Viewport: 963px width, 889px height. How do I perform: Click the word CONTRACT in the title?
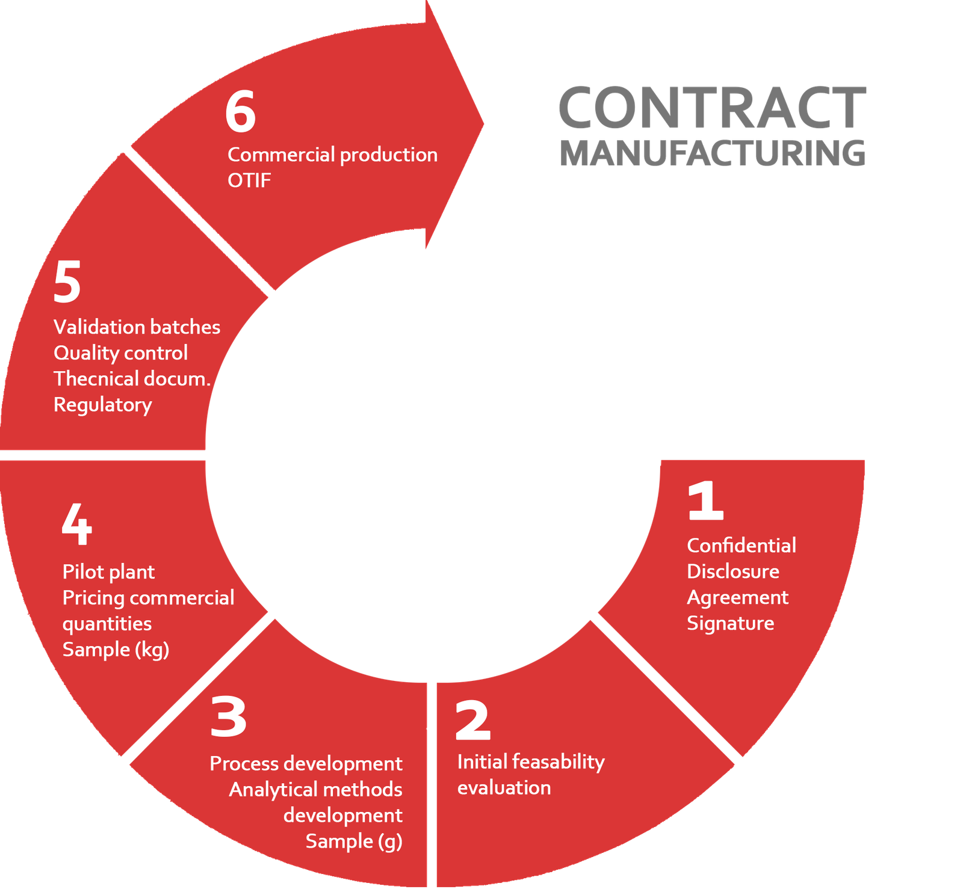(712, 108)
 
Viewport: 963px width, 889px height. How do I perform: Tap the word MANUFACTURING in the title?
(713, 153)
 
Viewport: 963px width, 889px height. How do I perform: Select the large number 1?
(705, 500)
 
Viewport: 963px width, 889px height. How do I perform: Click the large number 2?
(472, 721)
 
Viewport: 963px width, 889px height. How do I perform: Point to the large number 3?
(228, 717)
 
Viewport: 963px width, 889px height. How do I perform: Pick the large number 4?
(77, 524)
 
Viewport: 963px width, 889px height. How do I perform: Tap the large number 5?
(67, 283)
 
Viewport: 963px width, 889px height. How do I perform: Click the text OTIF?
(249, 180)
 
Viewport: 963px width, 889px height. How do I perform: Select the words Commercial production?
(332, 155)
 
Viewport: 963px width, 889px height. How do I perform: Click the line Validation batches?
(137, 327)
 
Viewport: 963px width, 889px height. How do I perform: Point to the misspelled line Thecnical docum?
(132, 379)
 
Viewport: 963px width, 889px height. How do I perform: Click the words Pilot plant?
(108, 572)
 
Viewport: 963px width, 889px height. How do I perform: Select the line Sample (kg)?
(116, 650)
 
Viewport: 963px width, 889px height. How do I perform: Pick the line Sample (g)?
(354, 841)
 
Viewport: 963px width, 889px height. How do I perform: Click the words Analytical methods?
(315, 789)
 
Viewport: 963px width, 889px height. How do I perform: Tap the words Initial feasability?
(531, 762)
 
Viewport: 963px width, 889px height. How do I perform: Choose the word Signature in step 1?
(731, 624)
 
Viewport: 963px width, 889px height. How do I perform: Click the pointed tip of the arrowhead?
(484, 124)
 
